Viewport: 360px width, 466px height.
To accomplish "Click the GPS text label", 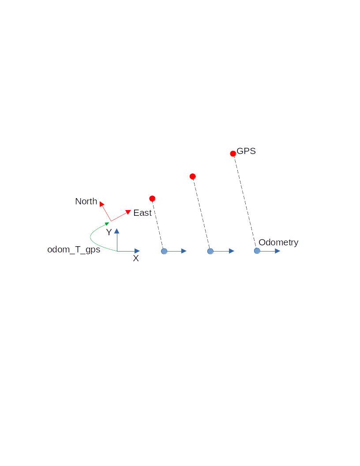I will click(x=246, y=151).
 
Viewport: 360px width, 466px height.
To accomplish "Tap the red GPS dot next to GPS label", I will click(x=233, y=154).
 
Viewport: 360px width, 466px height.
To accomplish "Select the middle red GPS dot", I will click(x=192, y=177).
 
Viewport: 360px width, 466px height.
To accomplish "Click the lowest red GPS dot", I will click(x=152, y=199).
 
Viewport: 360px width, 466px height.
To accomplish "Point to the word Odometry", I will click(x=278, y=242).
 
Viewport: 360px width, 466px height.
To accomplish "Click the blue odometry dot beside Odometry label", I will click(x=257, y=251).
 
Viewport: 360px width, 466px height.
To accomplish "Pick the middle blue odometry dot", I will click(x=210, y=251).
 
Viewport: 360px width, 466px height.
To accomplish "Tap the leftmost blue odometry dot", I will click(x=164, y=251).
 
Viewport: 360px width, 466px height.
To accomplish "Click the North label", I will click(x=86, y=201).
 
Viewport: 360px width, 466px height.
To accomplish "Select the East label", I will click(x=142, y=213).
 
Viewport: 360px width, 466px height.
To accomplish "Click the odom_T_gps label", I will click(x=74, y=250).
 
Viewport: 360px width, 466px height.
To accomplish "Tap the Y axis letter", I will click(x=109, y=232).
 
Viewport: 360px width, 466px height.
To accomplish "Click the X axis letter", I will click(x=136, y=259).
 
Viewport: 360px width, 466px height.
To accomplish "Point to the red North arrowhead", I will click(x=101, y=204).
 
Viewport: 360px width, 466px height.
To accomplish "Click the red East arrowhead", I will click(x=128, y=212).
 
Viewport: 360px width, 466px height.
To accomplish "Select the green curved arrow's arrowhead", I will click(x=107, y=224).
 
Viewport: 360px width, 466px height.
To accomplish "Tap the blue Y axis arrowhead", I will click(x=117, y=230).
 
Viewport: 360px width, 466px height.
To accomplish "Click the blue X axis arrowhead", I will click(x=137, y=251).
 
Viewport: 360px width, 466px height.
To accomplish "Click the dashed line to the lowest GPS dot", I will click(x=158, y=225).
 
